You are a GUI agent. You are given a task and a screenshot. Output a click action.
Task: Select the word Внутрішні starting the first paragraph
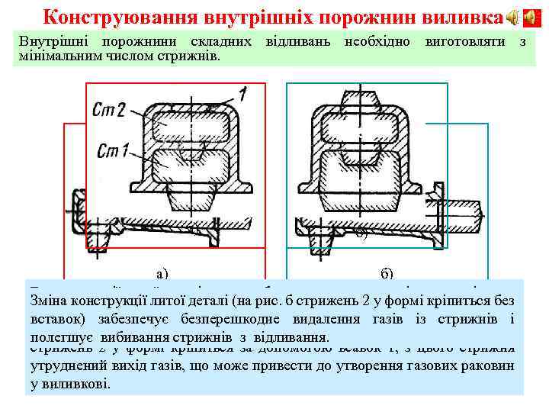51,40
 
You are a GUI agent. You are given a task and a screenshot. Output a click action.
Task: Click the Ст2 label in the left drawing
110,111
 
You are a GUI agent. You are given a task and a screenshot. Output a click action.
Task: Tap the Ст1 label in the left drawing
114,150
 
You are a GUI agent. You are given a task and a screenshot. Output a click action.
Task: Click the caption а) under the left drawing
161,273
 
